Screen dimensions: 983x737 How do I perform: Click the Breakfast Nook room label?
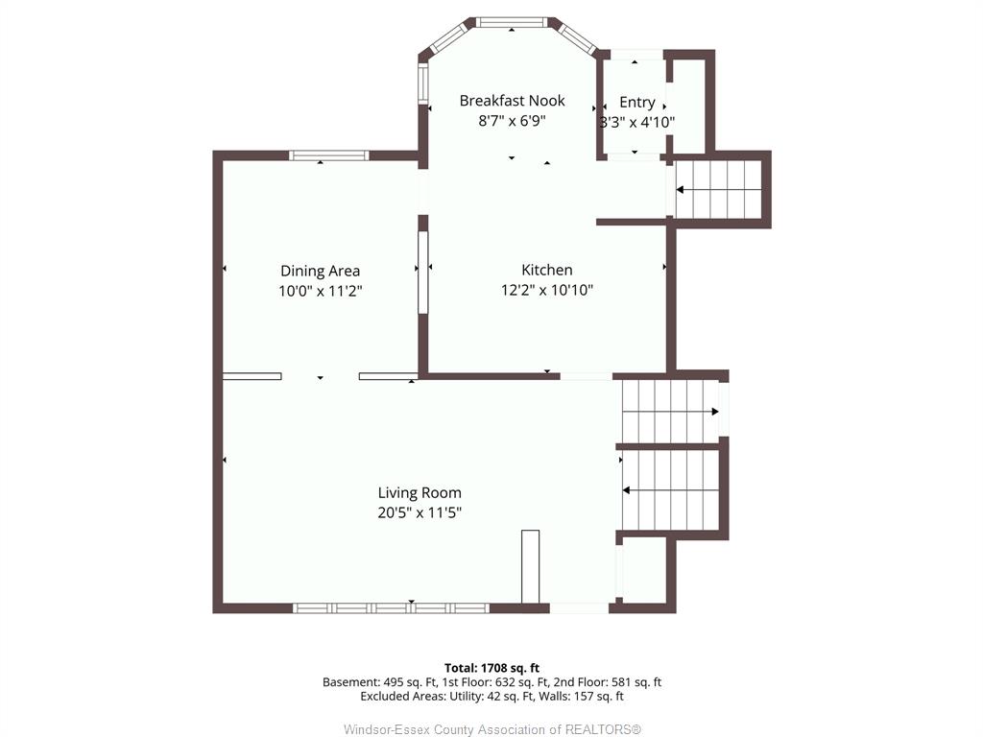[512, 100]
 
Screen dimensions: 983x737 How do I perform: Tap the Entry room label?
[637, 102]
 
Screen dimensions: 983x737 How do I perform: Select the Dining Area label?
[320, 272]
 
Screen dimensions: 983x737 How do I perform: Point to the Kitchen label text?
[546, 270]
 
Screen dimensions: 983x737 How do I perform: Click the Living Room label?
[420, 493]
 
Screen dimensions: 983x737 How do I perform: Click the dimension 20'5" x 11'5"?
[420, 512]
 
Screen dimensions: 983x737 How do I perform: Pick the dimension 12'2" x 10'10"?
[546, 290]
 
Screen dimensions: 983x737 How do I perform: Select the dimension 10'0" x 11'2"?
[321, 291]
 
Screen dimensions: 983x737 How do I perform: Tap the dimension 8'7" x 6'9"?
[513, 121]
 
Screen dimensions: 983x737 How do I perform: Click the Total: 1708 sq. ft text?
[491, 668]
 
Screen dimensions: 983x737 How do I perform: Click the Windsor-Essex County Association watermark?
[492, 729]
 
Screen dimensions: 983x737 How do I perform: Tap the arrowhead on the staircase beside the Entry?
[681, 189]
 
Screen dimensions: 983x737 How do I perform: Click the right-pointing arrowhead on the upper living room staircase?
[715, 412]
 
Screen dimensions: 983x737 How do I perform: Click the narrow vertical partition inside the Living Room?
[530, 566]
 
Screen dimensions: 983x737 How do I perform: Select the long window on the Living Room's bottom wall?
[392, 607]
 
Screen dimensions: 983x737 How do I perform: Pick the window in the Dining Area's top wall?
[328, 155]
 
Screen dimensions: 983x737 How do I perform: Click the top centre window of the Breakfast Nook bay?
[512, 23]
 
